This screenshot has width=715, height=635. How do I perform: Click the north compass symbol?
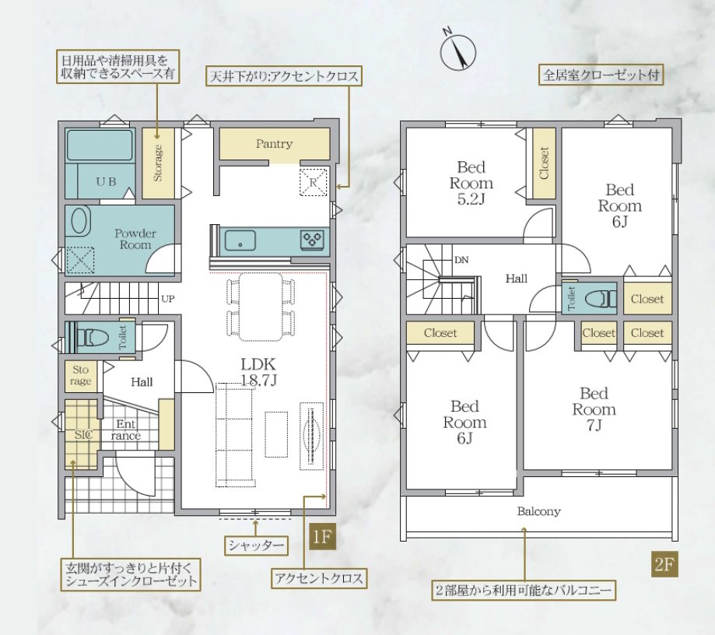(457, 51)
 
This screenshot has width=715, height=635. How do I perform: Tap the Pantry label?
(274, 144)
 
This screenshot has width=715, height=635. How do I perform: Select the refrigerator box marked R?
(313, 182)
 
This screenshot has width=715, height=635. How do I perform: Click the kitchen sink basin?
(240, 240)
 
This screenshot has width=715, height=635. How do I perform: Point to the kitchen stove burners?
(312, 240)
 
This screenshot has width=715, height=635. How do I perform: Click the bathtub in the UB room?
(100, 145)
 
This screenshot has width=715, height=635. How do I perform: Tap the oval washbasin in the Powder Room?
(79, 221)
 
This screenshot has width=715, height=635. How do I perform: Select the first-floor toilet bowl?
(93, 338)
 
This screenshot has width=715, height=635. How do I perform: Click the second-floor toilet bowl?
(599, 300)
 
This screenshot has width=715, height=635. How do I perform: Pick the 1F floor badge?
(322, 536)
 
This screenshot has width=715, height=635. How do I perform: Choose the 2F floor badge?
(664, 564)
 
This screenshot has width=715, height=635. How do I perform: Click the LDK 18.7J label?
(258, 372)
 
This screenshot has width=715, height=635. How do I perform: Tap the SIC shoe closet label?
(83, 435)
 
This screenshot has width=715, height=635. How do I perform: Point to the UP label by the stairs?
(168, 299)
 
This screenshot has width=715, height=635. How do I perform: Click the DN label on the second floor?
(461, 260)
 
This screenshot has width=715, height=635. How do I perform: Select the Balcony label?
(538, 511)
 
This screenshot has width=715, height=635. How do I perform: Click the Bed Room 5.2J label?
(471, 183)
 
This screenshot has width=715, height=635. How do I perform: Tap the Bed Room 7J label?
(594, 409)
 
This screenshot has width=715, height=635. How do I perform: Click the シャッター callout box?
(256, 546)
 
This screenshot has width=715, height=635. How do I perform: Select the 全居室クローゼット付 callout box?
(601, 75)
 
